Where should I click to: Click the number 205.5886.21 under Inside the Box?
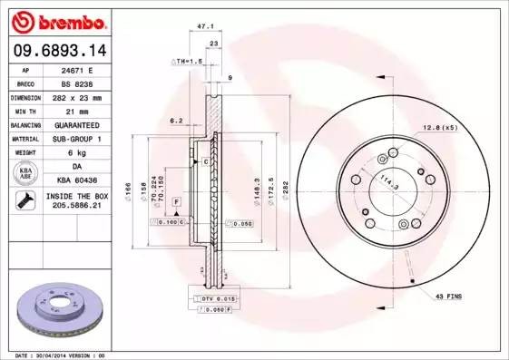coord(76,208)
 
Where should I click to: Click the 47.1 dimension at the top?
coord(215,28)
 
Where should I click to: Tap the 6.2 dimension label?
coord(177,120)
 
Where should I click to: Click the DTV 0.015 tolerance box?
coord(215,297)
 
